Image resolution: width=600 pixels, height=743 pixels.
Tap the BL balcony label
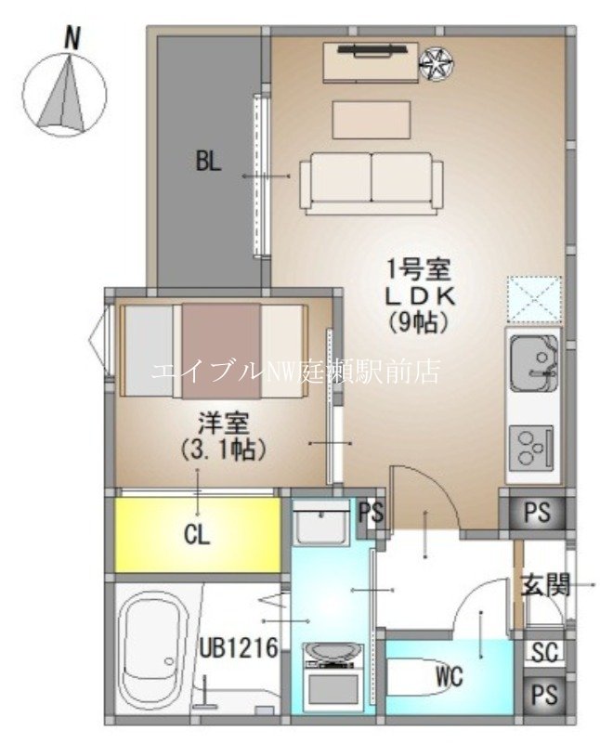click(x=208, y=162)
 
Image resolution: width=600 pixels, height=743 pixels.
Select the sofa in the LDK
click(x=371, y=183)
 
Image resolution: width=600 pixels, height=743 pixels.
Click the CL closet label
click(x=197, y=536)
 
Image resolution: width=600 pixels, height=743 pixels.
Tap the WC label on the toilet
click(x=449, y=675)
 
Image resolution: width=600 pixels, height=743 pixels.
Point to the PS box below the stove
click(x=537, y=512)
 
